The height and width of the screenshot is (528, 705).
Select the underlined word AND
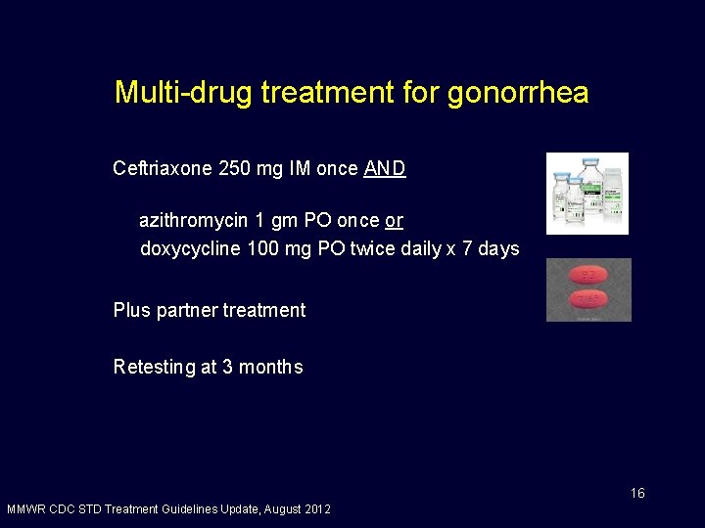click(385, 169)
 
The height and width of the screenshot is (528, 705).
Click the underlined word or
click(395, 221)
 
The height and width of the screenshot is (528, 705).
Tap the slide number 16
click(637, 493)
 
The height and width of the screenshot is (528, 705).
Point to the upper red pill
click(587, 276)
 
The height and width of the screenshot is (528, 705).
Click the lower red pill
click(587, 299)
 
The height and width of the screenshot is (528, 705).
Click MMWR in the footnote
click(24, 509)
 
